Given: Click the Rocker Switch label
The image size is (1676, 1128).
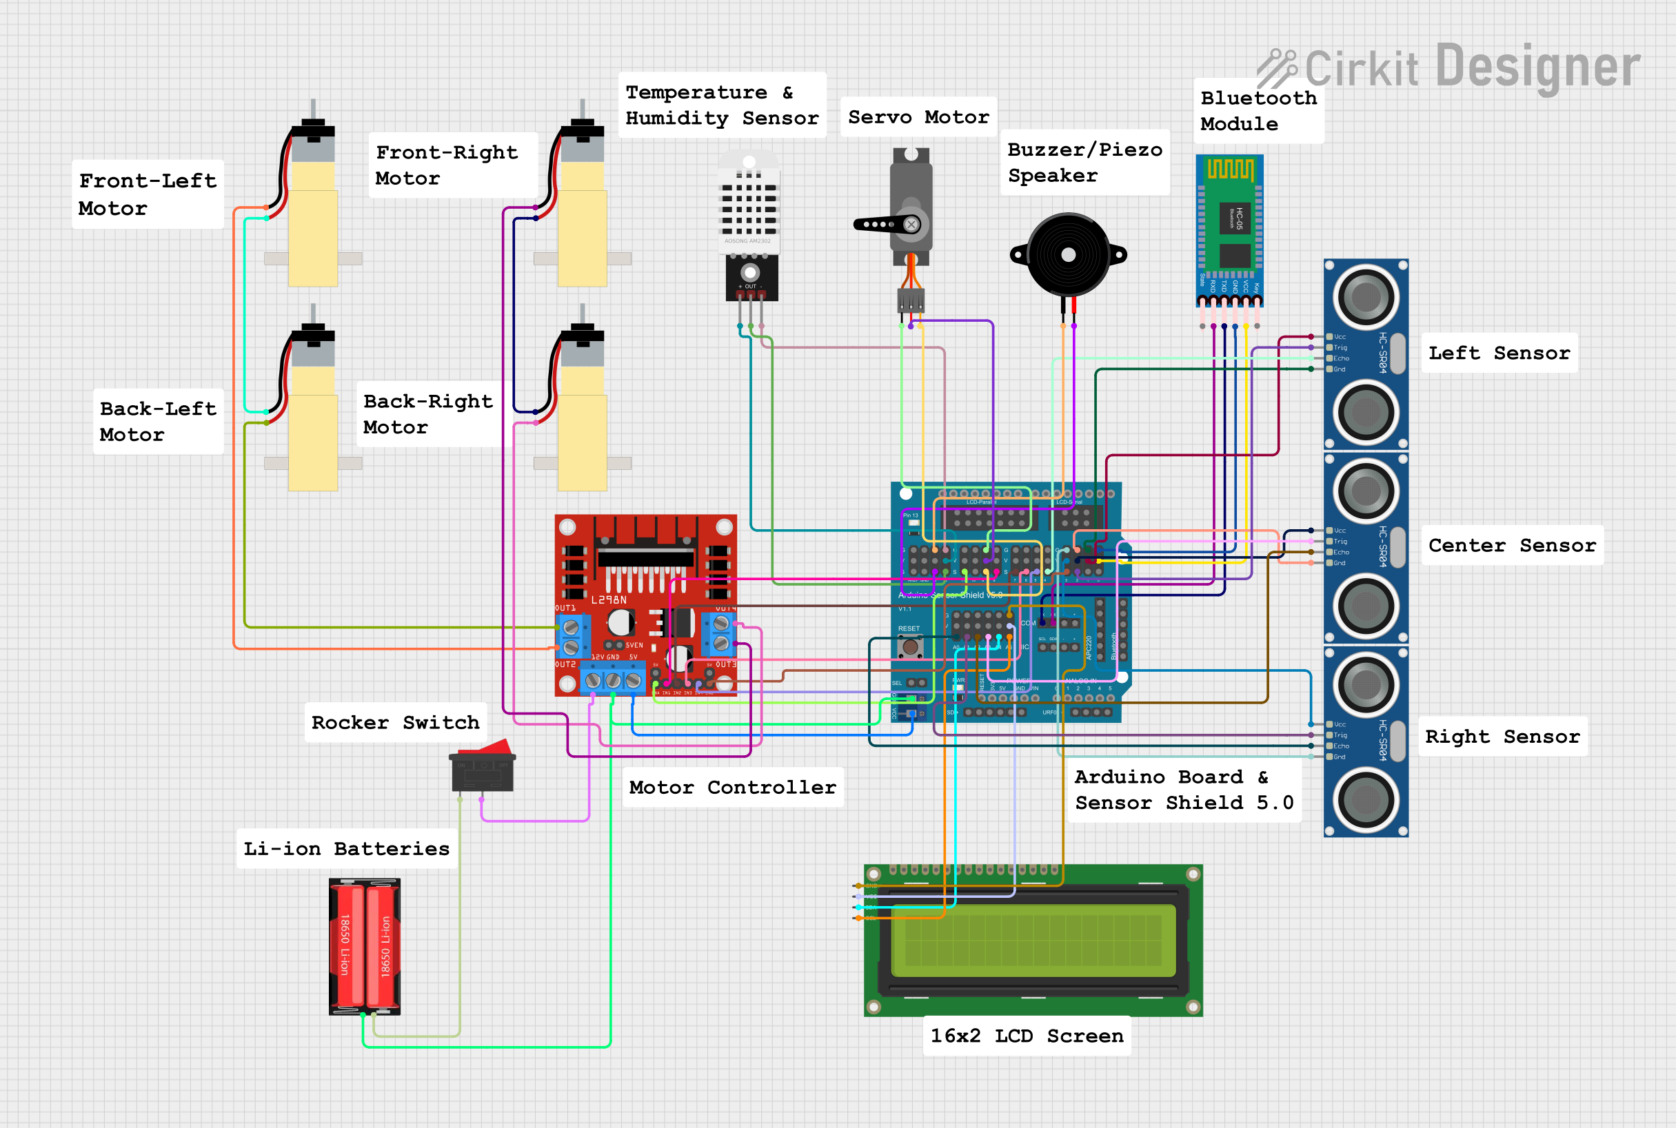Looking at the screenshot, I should coord(395,722).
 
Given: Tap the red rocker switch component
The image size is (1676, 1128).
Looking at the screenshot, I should coord(482,768).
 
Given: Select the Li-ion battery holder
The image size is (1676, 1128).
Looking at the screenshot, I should coord(364,946).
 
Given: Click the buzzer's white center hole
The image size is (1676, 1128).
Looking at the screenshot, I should coord(1069,255).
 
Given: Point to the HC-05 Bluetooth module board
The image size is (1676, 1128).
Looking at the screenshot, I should coord(1229,227).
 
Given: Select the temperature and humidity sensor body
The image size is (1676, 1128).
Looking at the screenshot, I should coord(749,205).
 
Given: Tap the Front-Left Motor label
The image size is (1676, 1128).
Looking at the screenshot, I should coord(148,194).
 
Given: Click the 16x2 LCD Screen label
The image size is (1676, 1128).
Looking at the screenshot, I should coord(1026,1036).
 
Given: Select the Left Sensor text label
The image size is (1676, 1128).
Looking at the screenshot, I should coord(1498,353).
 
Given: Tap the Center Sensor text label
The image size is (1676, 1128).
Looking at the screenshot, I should coord(1511,545).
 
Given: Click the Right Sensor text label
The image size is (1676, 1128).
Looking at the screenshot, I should coord(1502,737).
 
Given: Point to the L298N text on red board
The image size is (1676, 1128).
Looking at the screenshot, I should coord(609,599).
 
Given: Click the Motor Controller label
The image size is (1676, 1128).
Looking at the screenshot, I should coord(732,787).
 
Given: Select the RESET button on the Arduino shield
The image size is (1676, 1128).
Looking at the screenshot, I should coord(910,647).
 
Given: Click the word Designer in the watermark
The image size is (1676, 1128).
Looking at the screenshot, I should coord(1538,67).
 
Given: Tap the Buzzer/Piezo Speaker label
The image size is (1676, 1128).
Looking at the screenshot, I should coord(1084,163).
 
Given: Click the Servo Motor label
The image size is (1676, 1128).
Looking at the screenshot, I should coord(918,116).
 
